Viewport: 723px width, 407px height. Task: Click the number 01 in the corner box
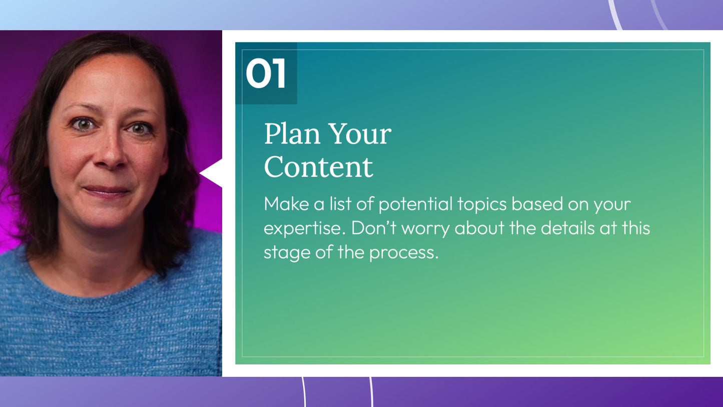coord(266,73)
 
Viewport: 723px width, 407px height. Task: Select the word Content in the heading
coord(319,167)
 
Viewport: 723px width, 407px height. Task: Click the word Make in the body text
coord(286,204)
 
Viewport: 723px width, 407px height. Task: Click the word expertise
coord(305,229)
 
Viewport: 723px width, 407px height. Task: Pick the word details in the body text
coord(567,228)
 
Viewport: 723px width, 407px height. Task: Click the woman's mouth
coord(107,191)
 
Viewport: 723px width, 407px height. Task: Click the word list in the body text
coord(340,204)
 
